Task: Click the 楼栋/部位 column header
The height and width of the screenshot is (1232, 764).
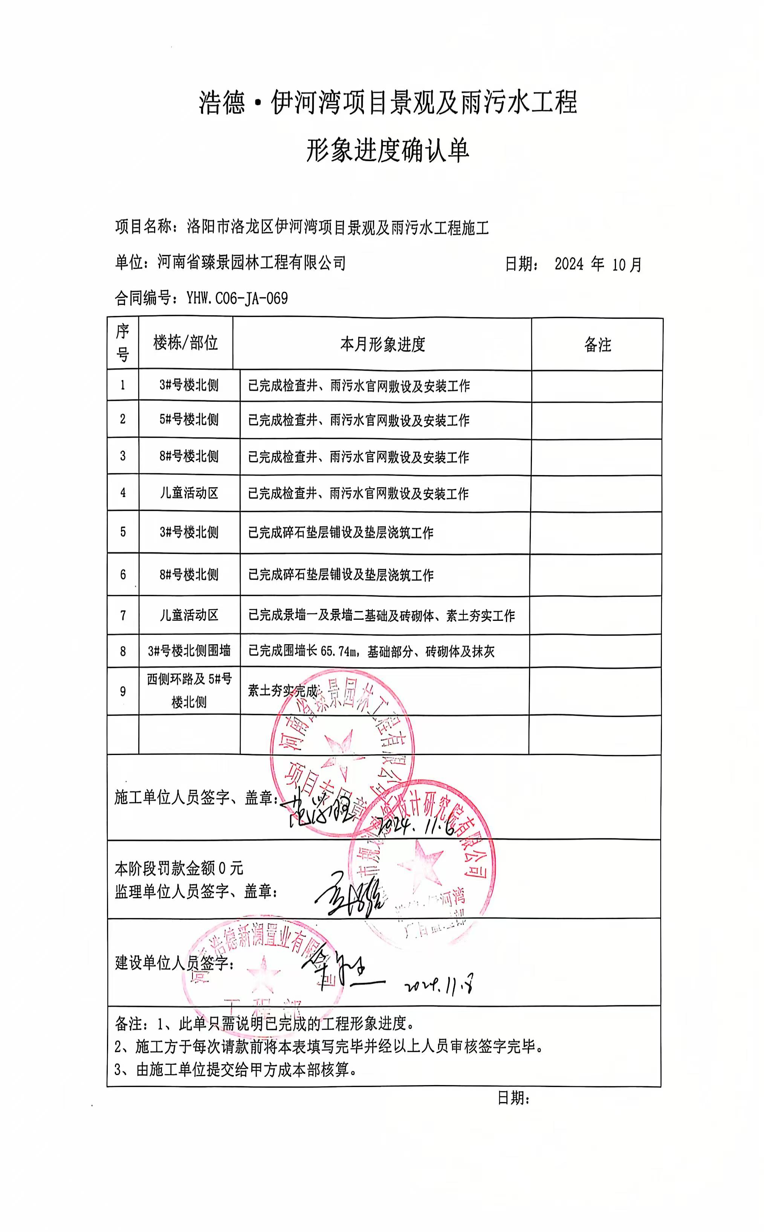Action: [x=185, y=343]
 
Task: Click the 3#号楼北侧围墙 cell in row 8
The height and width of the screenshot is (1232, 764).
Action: [x=189, y=651]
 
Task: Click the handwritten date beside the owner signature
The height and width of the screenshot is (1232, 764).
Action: [x=438, y=984]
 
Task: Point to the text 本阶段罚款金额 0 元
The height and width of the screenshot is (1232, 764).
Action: [x=179, y=868]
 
